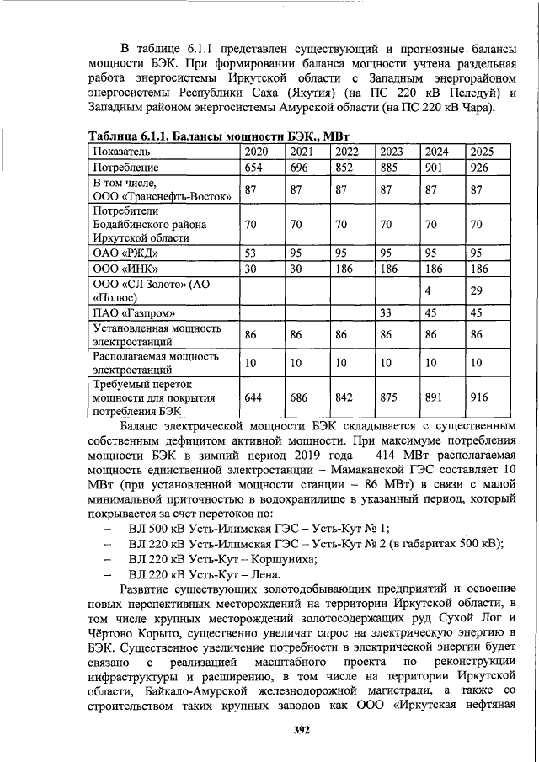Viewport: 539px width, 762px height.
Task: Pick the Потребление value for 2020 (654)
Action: point(254,168)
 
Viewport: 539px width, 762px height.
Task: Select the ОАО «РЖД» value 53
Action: point(250,253)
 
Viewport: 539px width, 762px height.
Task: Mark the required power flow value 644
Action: point(254,397)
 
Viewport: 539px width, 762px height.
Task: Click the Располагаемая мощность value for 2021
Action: point(296,363)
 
